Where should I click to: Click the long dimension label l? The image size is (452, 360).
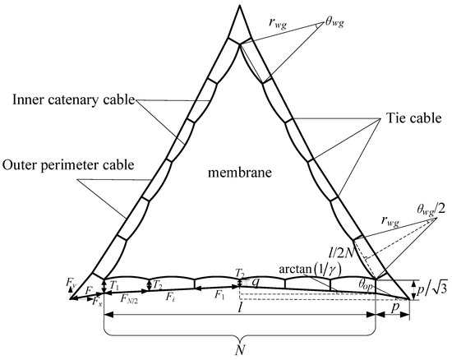[x=239, y=314]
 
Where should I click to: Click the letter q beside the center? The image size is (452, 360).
[x=256, y=280]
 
